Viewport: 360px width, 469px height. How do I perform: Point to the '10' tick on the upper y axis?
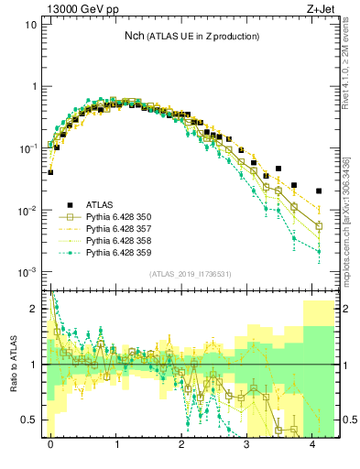(30, 25)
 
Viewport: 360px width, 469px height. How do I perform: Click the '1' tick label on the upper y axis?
(33, 86)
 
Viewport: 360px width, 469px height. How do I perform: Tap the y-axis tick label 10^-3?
(27, 272)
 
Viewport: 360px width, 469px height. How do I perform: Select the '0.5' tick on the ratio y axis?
(29, 420)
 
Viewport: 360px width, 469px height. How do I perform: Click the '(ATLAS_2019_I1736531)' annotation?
(181, 273)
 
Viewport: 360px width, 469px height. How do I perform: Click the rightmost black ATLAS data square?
(319, 191)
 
